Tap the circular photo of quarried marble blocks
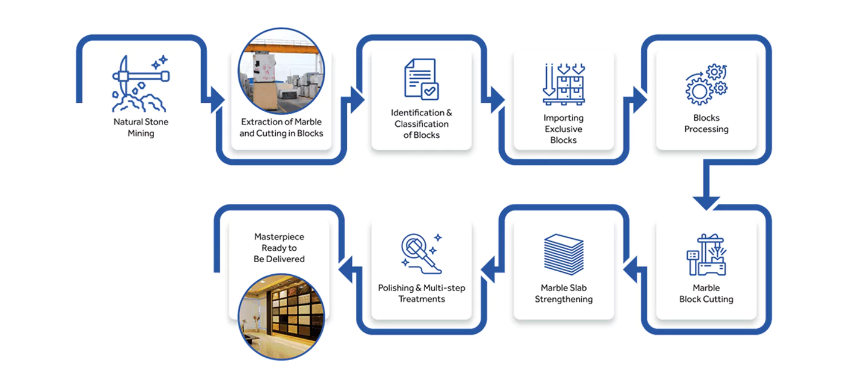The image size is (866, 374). [281, 71]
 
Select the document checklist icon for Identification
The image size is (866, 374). [422, 79]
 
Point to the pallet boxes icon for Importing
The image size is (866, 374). [564, 84]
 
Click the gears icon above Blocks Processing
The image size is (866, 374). [706, 85]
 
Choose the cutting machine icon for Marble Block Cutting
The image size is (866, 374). [706, 254]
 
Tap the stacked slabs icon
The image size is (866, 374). [564, 254]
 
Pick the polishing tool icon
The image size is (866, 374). [422, 254]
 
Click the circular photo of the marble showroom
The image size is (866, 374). [281, 317]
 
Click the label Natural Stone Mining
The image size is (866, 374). [141, 127]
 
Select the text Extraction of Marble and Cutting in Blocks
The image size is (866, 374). [281, 127]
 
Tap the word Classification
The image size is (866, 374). [422, 124]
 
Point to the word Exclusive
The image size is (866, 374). [564, 129]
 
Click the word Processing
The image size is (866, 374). [706, 129]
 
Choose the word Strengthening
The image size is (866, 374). [564, 299]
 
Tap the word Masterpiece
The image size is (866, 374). [279, 236]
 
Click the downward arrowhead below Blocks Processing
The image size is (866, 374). [706, 203]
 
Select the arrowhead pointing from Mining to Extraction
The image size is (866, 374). [217, 100]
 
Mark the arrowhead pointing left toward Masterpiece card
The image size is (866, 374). [345, 269]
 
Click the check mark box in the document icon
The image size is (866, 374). [430, 91]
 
